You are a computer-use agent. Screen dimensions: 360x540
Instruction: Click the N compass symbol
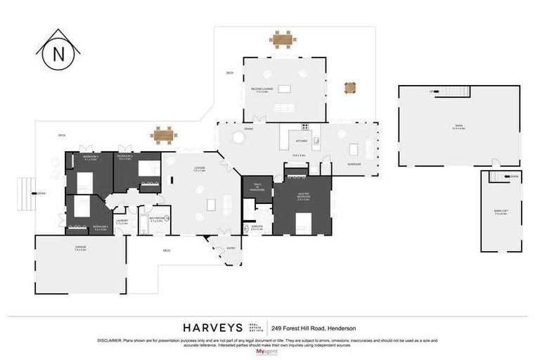(x=58, y=54)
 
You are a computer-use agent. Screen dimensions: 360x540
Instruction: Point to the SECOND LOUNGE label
(x=264, y=90)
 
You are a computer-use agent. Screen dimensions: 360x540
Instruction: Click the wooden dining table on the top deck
(x=283, y=39)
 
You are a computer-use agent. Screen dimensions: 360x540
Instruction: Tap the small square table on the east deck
(x=350, y=88)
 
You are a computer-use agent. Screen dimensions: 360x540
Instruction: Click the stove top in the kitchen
(x=305, y=127)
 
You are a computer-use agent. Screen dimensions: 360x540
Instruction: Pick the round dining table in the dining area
(x=239, y=139)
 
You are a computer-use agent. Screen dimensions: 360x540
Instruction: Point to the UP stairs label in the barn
(x=430, y=92)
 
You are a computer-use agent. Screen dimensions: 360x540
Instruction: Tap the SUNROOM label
(x=354, y=164)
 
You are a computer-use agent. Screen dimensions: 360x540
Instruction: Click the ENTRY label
(x=231, y=248)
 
